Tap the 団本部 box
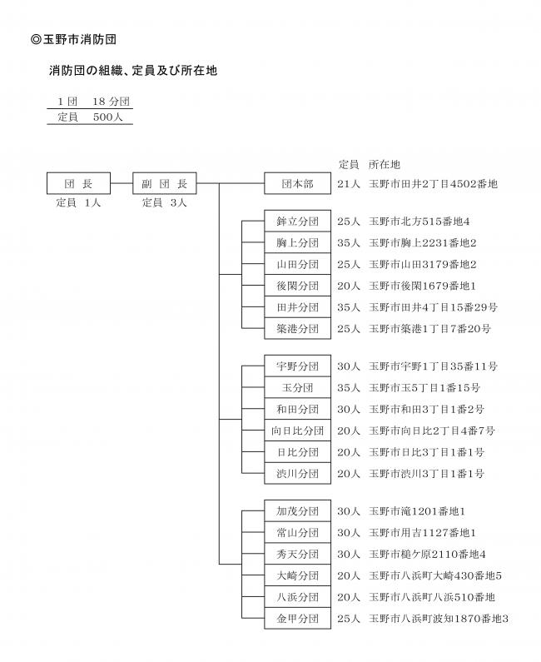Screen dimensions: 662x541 tap(297, 183)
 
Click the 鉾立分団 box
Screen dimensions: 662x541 tap(297, 221)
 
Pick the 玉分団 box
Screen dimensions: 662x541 tap(297, 387)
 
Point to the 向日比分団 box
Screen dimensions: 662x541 tap(297, 431)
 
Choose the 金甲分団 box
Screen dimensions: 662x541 tap(297, 619)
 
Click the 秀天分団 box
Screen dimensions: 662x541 tap(297, 554)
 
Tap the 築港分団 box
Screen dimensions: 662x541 tap(297, 328)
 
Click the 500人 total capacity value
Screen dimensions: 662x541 tap(107, 117)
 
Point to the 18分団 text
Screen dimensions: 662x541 tap(111, 102)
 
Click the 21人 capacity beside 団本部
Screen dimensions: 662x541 tap(349, 183)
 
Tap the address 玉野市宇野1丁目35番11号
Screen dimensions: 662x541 tap(433, 366)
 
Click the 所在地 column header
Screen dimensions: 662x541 tap(384, 164)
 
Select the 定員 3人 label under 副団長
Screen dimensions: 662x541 tap(165, 202)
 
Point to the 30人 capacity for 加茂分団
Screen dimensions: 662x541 tap(349, 510)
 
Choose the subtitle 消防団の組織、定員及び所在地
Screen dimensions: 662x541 tap(132, 72)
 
